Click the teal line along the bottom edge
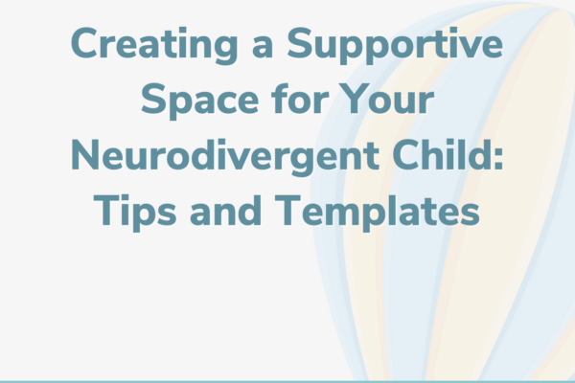tap(287, 380)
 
